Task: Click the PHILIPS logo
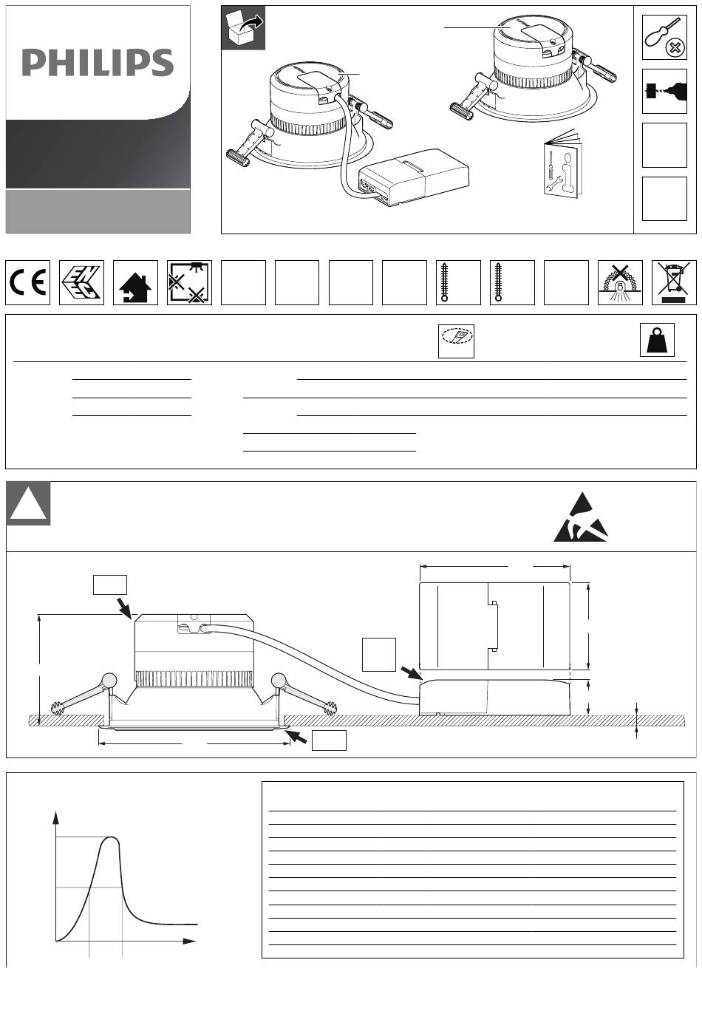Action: coord(98,62)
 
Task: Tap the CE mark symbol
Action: coord(27,283)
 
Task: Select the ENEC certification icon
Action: coord(81,283)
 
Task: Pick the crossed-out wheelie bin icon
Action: coord(674,283)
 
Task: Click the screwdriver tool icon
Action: coord(664,38)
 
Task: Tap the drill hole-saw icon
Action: coord(664,92)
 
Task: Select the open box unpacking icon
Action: coord(243,28)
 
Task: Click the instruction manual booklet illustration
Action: coord(562,164)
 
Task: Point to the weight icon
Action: coord(657,340)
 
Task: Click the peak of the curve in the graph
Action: coord(111,837)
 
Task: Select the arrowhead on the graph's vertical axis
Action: coord(56,818)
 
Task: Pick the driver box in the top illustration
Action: coord(414,177)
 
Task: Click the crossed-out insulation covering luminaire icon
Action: coord(620,283)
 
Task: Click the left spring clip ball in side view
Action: coord(109,680)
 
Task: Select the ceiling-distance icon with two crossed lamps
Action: coord(189,283)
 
